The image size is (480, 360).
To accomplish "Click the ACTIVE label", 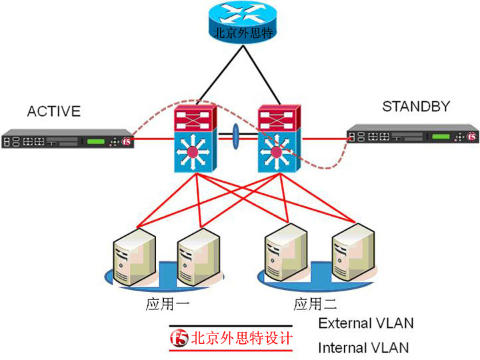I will coord(53,111).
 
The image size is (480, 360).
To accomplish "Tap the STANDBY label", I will coord(416,106).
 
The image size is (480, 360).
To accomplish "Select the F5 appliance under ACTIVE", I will coord(67,141).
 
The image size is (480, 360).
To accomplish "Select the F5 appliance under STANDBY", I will coord(413,135).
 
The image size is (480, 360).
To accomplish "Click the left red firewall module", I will coord(194,119).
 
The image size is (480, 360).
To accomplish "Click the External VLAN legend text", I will coord(365,323).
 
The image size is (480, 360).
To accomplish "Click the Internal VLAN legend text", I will coord(363,347).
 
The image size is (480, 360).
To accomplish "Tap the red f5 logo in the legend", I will coord(180,338).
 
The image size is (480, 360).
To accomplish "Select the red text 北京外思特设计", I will coord(241,338).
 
